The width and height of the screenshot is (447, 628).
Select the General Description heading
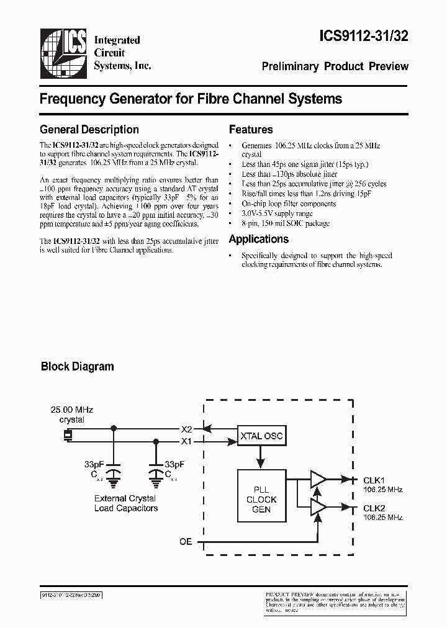coord(89,130)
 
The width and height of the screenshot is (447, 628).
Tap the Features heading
coord(251,130)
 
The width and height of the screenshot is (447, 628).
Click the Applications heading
coord(259,239)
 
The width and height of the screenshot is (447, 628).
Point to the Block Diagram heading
coord(77,366)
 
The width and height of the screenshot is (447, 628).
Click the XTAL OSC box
coord(261,436)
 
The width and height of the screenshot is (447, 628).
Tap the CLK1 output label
coord(374,480)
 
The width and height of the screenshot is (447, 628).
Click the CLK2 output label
coord(374,508)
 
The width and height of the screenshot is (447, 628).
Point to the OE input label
coord(186,541)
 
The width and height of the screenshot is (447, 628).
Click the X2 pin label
coord(186,429)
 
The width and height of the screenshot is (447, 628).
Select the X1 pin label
coord(186,442)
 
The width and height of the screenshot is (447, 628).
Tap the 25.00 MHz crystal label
coord(72,415)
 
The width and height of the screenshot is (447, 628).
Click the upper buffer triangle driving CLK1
coord(318,479)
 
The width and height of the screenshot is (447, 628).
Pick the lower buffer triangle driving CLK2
coord(318,507)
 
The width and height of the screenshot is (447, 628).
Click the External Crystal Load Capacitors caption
coord(126,503)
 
